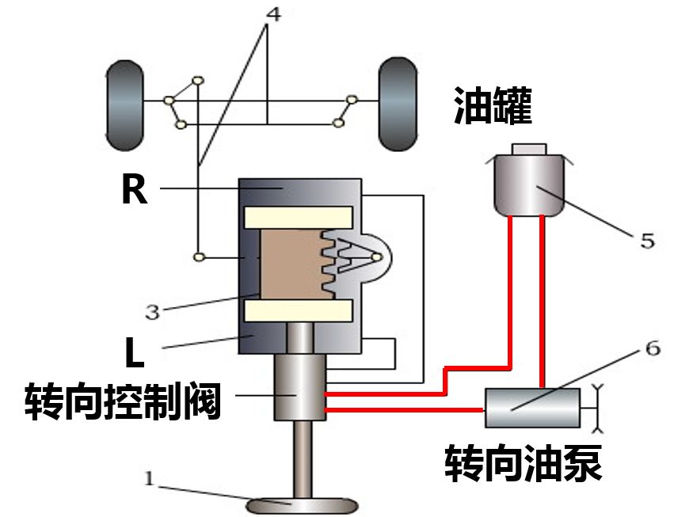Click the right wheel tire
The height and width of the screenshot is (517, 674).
[x=398, y=103]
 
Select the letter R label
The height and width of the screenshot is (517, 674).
[x=135, y=190]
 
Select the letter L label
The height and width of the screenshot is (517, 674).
[x=135, y=353]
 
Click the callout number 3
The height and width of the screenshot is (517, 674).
[x=152, y=310]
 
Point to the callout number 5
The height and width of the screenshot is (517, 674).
[x=647, y=241]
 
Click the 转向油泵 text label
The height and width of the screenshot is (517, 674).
[x=523, y=461]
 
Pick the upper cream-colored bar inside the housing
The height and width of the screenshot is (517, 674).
[x=298, y=216]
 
